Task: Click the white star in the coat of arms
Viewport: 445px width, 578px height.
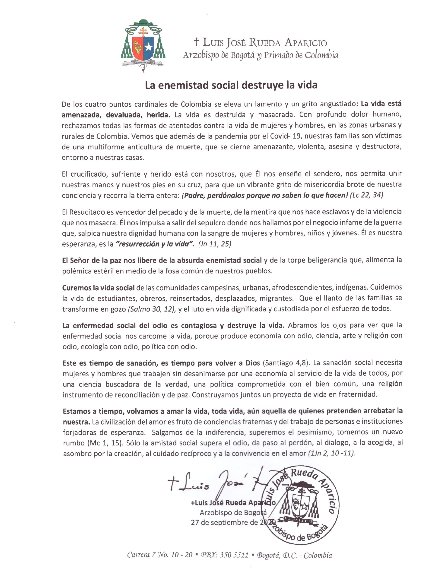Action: (x=149, y=48)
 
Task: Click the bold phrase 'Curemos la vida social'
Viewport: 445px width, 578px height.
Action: (x=99, y=287)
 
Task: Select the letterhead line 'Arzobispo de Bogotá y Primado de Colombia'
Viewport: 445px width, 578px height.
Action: (x=261, y=55)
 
